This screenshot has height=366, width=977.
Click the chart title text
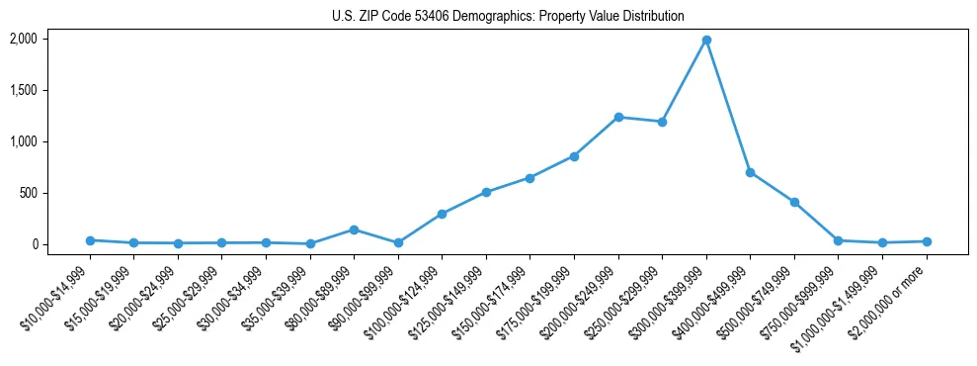(508, 16)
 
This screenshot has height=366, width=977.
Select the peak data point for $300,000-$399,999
(706, 41)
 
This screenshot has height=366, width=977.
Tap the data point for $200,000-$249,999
(618, 117)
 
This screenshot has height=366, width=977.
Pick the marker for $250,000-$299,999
(662, 122)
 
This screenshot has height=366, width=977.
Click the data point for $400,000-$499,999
(751, 172)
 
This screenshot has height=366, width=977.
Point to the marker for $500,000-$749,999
(794, 202)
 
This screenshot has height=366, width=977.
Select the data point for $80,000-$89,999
(354, 229)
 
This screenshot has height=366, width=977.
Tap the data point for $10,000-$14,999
(90, 240)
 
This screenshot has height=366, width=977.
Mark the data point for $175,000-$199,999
(574, 156)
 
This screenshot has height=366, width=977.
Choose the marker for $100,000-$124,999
(442, 214)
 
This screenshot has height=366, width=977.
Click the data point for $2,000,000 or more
(927, 241)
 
